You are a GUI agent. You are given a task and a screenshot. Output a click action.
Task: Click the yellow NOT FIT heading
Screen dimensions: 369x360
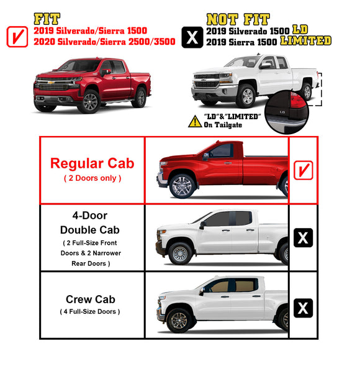click(240, 19)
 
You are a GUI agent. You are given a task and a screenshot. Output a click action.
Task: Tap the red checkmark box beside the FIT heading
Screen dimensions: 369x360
click(17, 37)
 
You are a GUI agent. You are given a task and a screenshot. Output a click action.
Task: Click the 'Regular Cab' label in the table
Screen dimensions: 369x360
click(92, 164)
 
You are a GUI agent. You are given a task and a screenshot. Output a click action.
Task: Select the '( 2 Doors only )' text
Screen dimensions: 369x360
click(92, 178)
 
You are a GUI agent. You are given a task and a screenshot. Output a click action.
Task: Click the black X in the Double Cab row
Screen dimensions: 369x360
click(303, 237)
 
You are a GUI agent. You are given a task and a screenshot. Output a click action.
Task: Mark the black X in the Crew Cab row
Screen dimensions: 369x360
click(303, 307)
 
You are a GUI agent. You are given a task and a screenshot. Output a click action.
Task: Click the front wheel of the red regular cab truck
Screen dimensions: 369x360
click(182, 186)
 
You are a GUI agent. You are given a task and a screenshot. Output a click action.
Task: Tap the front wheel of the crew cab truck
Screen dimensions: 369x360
click(178, 320)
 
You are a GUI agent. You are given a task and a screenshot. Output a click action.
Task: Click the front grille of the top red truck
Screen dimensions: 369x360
click(52, 85)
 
